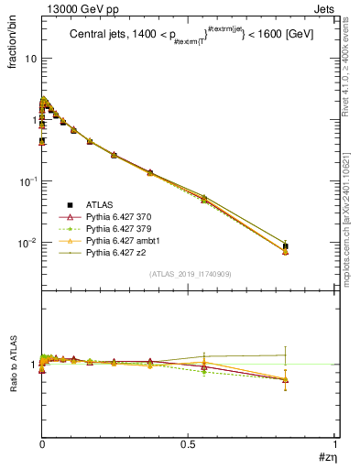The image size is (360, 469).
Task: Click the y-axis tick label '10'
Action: tap(29, 58)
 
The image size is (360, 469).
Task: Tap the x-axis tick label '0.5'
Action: tap(188, 443)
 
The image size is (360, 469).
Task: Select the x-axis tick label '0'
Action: tap(42, 443)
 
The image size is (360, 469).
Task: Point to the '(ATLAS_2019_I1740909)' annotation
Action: tap(189, 274)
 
